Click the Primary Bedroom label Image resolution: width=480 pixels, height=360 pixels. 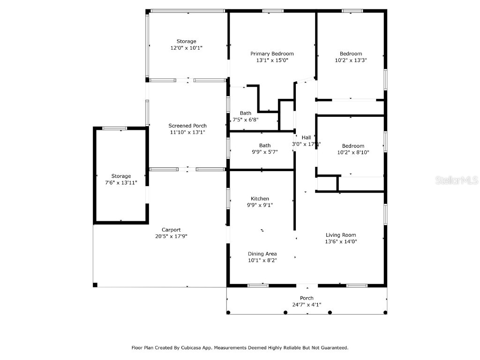(x=272, y=53)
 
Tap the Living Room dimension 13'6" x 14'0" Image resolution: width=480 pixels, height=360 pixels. (x=341, y=242)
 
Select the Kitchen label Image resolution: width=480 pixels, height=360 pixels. (x=260, y=199)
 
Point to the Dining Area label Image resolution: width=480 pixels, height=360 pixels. (x=262, y=254)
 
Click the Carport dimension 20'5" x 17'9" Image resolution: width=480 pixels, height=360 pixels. (x=171, y=236)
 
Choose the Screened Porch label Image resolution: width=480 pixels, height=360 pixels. (x=187, y=126)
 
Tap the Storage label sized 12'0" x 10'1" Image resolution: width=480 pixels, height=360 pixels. (x=186, y=41)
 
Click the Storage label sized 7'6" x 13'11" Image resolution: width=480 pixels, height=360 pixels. (x=121, y=176)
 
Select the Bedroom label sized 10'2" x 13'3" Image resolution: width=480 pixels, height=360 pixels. (x=351, y=53)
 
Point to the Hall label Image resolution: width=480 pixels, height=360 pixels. (x=306, y=137)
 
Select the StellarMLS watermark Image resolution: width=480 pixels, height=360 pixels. (x=456, y=180)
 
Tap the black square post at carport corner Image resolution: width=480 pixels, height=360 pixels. (x=95, y=285)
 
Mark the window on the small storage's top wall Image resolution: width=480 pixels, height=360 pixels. (x=114, y=128)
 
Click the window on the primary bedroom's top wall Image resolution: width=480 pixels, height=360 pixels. (x=272, y=11)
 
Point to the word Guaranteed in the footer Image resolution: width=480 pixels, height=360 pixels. (x=333, y=348)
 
